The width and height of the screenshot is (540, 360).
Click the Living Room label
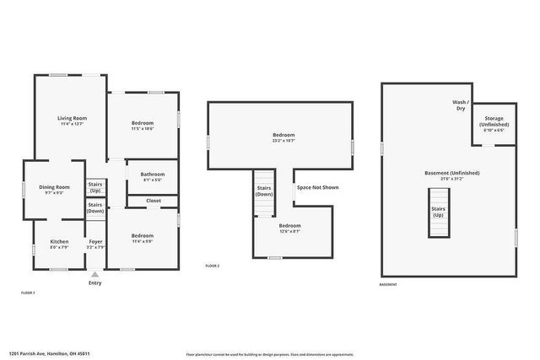point(72,118)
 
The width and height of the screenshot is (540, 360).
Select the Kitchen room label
point(59,241)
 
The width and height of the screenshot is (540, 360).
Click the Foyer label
point(96,241)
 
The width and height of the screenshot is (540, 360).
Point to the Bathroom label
point(152,174)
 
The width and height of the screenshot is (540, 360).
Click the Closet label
point(154,201)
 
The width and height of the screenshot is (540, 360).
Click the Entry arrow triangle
point(94,274)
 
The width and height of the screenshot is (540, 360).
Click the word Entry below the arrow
point(94,282)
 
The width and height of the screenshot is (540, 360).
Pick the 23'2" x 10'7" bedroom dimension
point(283,141)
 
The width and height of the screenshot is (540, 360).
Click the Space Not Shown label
point(317,187)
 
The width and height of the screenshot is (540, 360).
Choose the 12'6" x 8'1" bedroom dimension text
point(290,231)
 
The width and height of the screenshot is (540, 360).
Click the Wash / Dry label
point(461,105)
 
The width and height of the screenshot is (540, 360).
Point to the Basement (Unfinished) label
point(452,173)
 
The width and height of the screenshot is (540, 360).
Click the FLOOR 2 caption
point(213,266)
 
